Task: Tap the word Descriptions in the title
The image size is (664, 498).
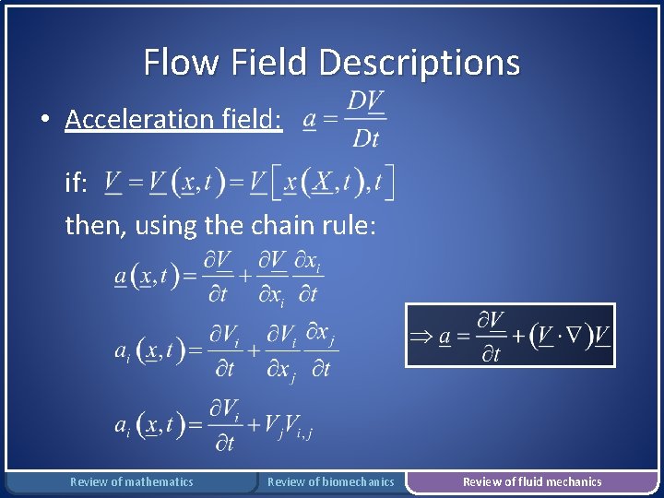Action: point(419,63)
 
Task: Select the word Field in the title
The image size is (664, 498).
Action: point(270,63)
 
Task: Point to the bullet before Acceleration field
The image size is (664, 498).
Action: point(44,119)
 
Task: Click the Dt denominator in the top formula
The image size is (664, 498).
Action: point(365,139)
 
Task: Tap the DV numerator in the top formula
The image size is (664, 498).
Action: point(366,101)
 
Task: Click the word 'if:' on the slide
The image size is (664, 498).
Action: point(77,184)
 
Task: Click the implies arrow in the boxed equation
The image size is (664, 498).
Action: point(421,337)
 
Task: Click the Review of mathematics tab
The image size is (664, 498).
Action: point(132,481)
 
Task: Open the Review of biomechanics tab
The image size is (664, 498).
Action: point(330,481)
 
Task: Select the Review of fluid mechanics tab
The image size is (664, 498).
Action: point(532,481)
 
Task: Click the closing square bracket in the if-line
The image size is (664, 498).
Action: point(391,183)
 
